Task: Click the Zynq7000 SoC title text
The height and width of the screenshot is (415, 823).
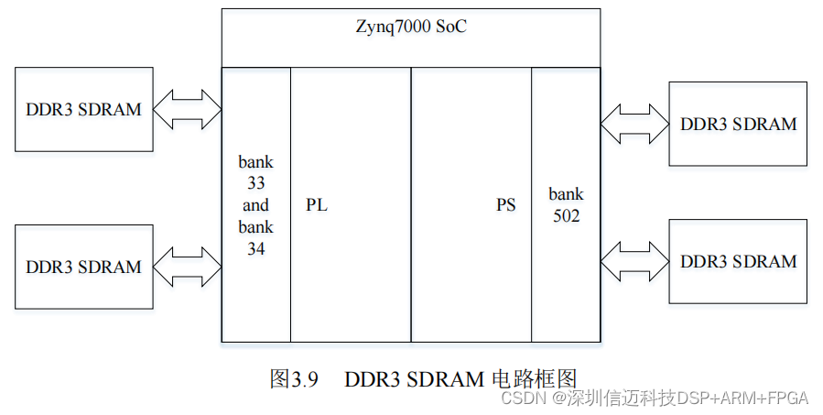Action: [x=412, y=27]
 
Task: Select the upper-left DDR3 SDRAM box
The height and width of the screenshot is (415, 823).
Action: [x=83, y=109]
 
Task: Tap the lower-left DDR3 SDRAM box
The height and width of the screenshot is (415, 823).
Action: [x=83, y=267]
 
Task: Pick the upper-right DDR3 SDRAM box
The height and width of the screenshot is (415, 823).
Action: [x=738, y=124]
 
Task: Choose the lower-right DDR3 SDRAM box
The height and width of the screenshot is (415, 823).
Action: [x=738, y=261]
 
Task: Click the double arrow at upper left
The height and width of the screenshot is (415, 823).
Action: [x=188, y=110]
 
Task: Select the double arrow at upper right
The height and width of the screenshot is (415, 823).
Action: [x=635, y=124]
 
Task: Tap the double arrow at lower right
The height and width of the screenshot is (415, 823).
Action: [x=635, y=261]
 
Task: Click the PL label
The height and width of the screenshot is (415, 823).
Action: [x=317, y=205]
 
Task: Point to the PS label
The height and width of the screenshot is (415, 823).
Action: [x=506, y=205]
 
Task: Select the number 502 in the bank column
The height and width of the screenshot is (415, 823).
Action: [x=566, y=216]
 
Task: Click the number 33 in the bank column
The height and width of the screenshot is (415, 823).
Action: [x=256, y=183]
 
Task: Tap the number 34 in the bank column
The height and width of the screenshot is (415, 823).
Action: [x=256, y=247]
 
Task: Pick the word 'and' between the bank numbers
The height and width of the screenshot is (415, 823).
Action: [x=256, y=205]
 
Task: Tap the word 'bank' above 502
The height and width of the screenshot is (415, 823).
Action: [x=566, y=194]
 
